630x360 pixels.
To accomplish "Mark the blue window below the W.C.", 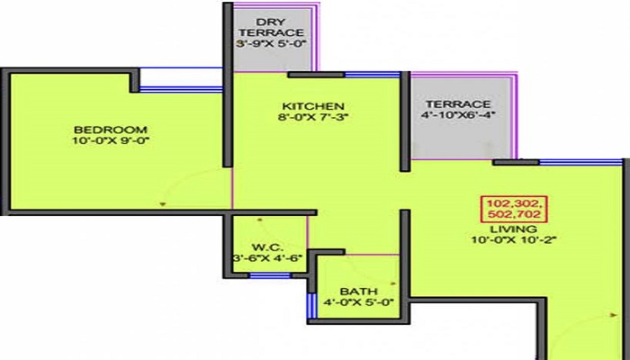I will (263, 276).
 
